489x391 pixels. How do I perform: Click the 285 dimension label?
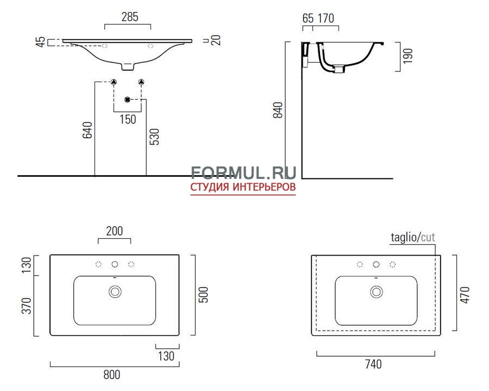[x=130, y=17]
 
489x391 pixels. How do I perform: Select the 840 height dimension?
[x=278, y=110]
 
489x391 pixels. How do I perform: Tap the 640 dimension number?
[x=87, y=130]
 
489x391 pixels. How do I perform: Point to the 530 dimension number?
[x=154, y=136]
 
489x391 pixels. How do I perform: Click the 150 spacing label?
[x=128, y=120]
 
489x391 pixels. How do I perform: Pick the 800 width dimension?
[x=111, y=375]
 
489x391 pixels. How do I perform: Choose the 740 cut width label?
[x=373, y=364]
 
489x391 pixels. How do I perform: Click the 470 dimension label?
[x=465, y=295]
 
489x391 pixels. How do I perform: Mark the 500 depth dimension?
[x=203, y=295]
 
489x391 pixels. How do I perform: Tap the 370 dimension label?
[x=27, y=306]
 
